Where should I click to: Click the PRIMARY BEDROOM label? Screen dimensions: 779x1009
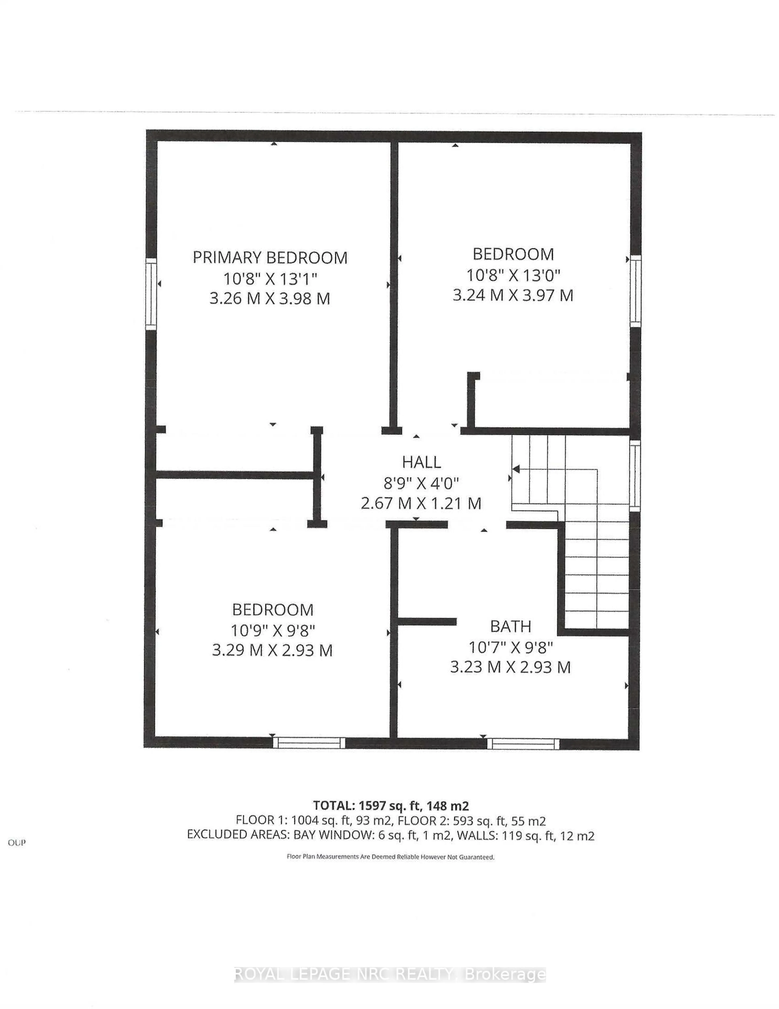pos(270,257)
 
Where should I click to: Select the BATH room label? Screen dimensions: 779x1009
pos(510,627)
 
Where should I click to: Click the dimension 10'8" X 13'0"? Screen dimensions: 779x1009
pos(513,275)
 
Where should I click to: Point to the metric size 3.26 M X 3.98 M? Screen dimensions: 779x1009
pos(270,298)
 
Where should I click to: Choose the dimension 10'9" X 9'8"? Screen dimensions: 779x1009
pos(273,630)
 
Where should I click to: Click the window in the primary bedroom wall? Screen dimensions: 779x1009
pos(151,294)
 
